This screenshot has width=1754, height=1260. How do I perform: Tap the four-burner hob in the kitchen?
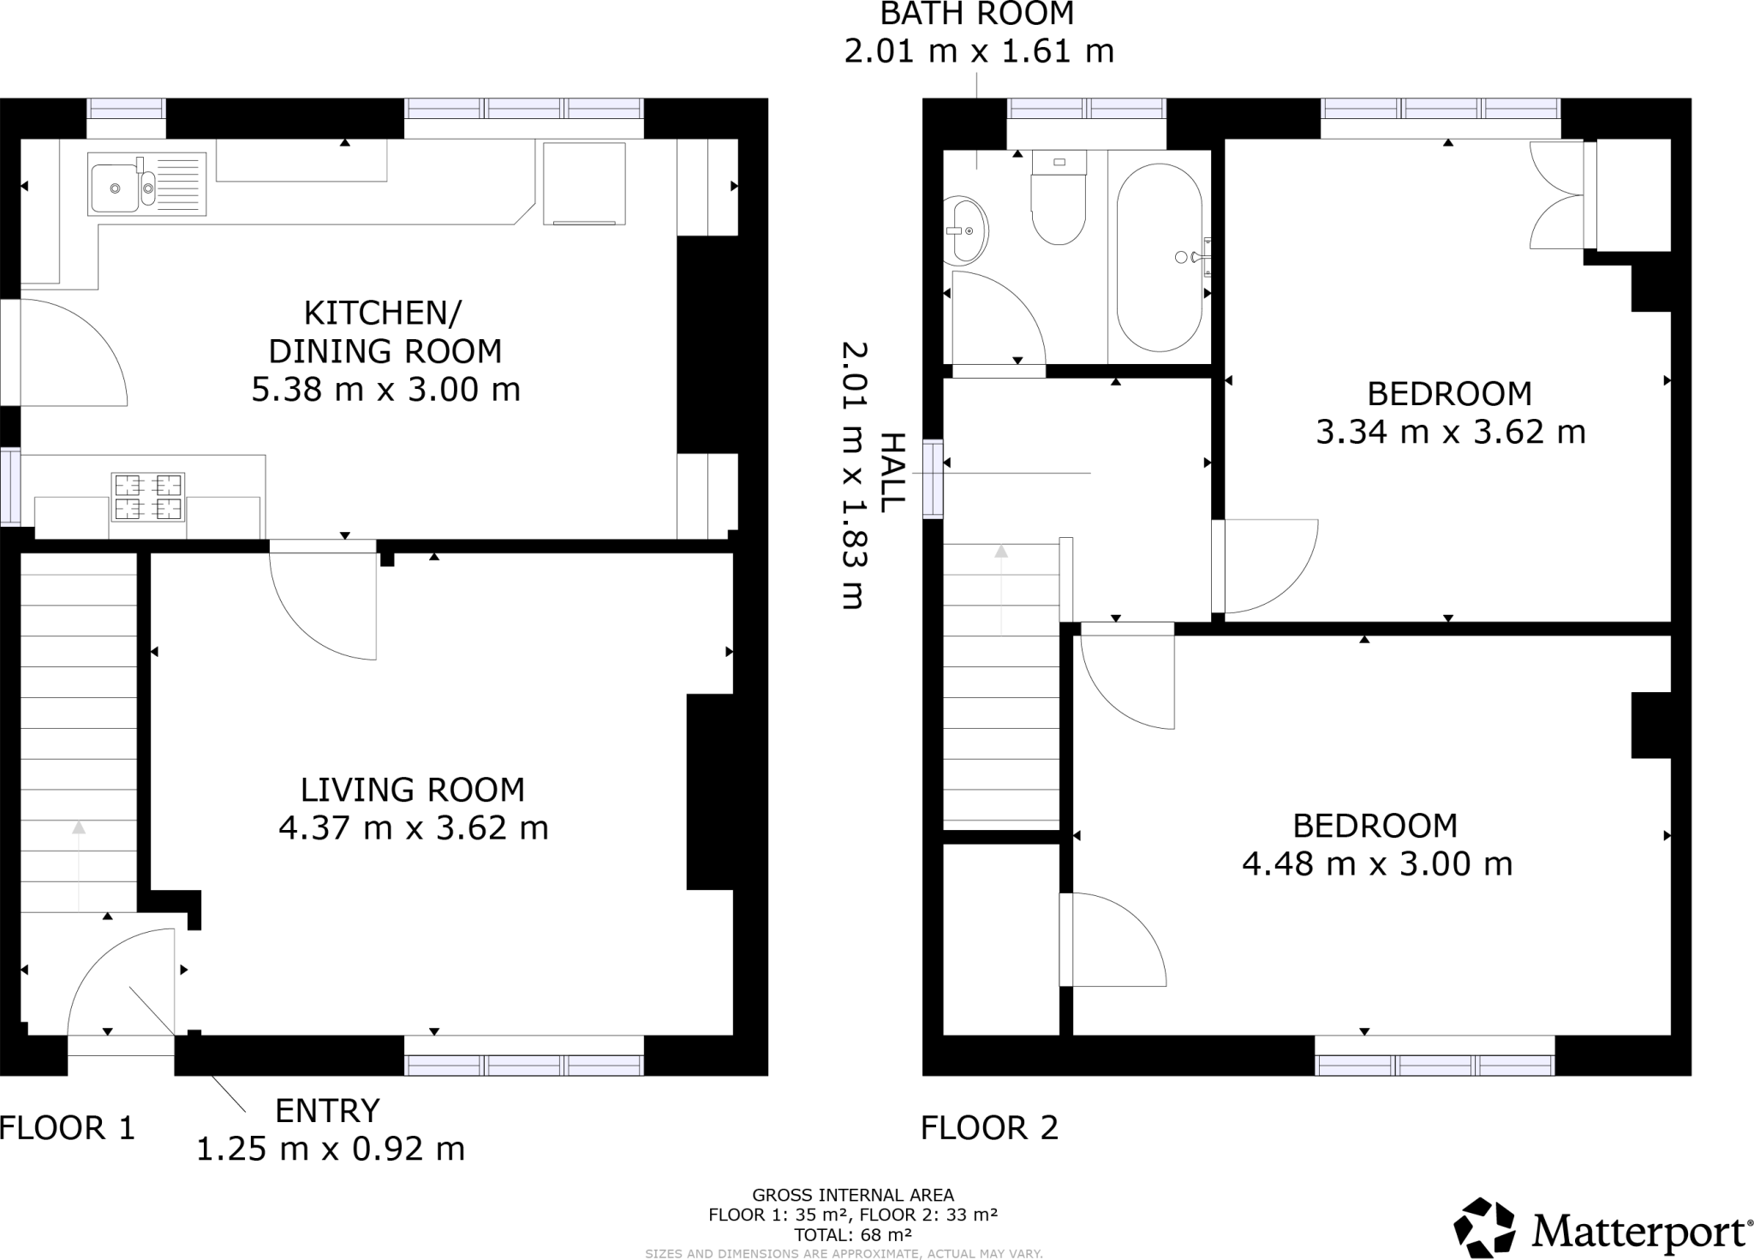(x=148, y=498)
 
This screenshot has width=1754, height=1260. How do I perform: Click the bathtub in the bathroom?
(x=1159, y=257)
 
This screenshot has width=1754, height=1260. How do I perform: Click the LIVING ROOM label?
(x=412, y=790)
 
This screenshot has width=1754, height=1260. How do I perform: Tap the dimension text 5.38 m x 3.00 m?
(x=385, y=390)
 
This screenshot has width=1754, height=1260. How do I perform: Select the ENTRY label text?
(x=326, y=1111)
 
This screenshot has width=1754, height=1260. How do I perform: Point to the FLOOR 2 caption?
(x=989, y=1128)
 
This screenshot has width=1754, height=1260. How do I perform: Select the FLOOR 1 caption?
(x=68, y=1128)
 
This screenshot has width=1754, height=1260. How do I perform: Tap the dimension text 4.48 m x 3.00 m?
(x=1376, y=864)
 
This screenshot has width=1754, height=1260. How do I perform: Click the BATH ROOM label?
(x=976, y=14)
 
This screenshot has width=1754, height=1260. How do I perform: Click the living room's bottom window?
(x=523, y=1066)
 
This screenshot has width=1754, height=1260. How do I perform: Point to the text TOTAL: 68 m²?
(x=852, y=1235)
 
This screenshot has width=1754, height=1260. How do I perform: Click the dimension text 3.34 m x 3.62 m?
(x=1450, y=432)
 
